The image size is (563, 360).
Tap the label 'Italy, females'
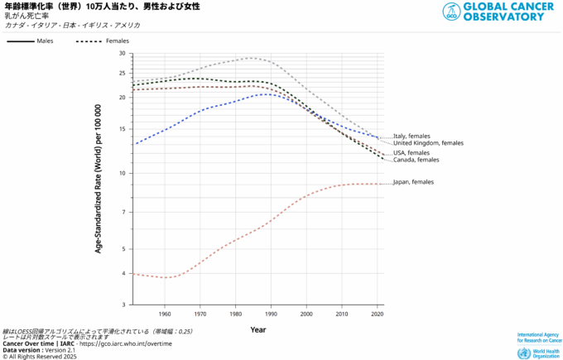pos(411,136)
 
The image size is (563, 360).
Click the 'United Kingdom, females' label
pos(428,143)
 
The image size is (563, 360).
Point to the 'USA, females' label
pos(411,152)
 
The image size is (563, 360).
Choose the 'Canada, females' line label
pos(416,160)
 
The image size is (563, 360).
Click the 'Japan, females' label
pos(413,182)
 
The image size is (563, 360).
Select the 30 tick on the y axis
pos(122,53)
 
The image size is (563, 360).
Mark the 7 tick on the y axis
pos(123,213)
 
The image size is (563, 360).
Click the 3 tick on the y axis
pos(123,305)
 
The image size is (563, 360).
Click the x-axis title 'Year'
pos(258,329)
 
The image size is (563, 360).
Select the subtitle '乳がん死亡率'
pos(27,16)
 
